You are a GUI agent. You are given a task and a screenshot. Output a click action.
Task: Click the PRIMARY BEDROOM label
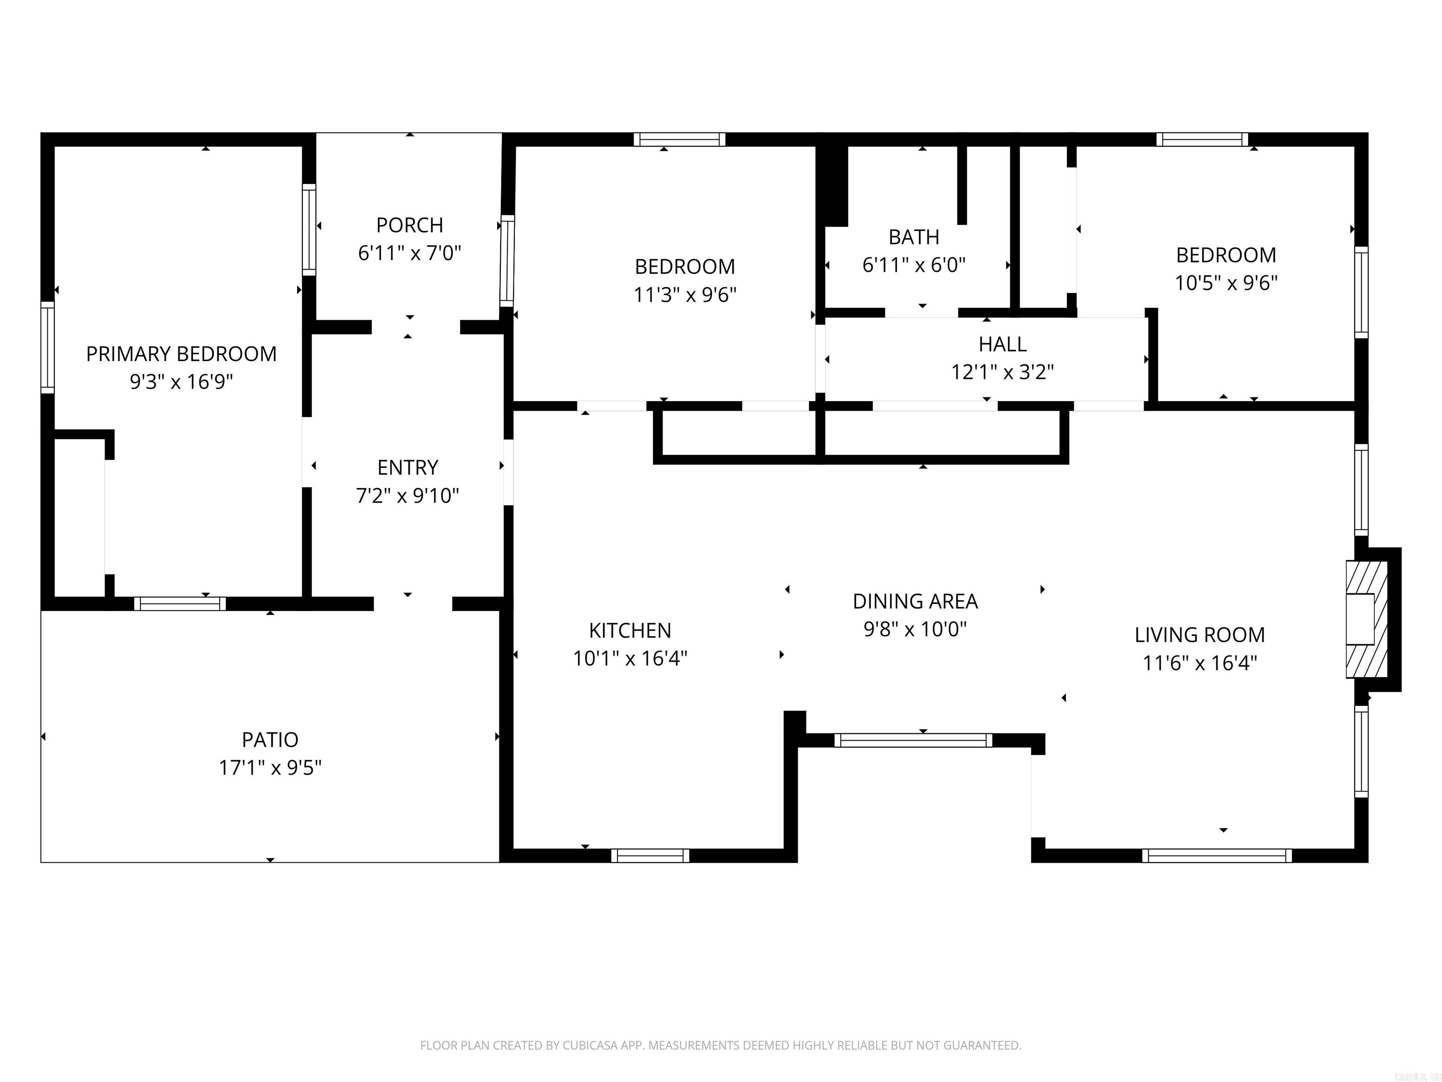181,354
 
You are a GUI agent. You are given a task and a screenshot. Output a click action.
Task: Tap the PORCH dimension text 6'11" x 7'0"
409,253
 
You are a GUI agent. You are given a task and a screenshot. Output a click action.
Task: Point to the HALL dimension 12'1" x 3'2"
1002,372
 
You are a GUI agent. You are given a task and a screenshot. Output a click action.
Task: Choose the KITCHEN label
630,630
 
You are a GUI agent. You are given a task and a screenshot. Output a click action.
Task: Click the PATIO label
270,740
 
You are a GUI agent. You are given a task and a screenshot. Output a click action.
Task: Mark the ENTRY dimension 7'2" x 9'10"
407,496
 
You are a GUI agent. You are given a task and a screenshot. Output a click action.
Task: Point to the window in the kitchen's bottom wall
650,856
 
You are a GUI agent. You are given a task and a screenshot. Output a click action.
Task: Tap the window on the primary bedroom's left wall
47,347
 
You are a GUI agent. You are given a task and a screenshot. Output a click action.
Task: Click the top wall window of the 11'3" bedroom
679,139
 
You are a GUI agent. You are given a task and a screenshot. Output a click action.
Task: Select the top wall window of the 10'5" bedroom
1202,139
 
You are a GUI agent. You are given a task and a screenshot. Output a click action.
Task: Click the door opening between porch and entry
416,327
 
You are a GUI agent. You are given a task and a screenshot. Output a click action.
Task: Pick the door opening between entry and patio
413,604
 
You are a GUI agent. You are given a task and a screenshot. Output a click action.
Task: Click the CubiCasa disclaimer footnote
721,1045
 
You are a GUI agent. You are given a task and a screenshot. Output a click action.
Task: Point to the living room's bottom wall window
1216,856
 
